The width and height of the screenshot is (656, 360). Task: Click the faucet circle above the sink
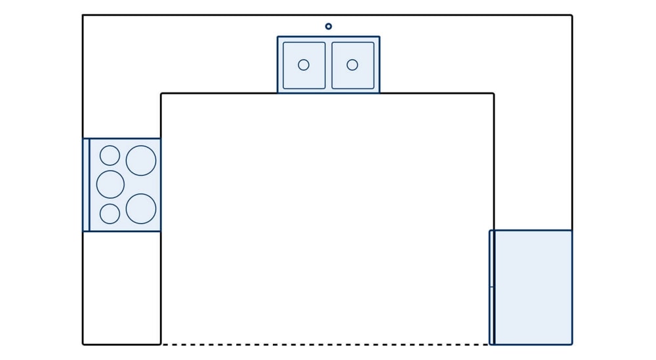click(x=329, y=26)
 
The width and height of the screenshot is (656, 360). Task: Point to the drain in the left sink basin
click(x=304, y=65)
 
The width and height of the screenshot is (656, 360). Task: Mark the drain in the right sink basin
click(x=352, y=65)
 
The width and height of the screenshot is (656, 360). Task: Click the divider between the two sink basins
click(x=329, y=65)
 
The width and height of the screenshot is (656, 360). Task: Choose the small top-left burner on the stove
click(x=110, y=155)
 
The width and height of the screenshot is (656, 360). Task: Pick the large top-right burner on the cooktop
click(x=141, y=161)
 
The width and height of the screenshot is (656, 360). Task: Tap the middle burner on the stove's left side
click(x=110, y=184)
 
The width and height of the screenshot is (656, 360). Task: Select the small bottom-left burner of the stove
click(x=110, y=214)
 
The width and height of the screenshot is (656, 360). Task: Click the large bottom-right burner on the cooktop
click(x=141, y=209)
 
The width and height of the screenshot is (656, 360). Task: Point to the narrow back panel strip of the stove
click(x=86, y=185)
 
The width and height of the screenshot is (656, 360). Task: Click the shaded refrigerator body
click(x=533, y=287)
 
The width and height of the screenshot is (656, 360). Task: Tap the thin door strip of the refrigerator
click(x=492, y=287)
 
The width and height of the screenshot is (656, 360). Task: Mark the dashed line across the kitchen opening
click(x=325, y=344)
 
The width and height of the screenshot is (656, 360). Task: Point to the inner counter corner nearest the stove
click(x=161, y=94)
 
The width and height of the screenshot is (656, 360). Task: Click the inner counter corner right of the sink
click(x=493, y=94)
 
